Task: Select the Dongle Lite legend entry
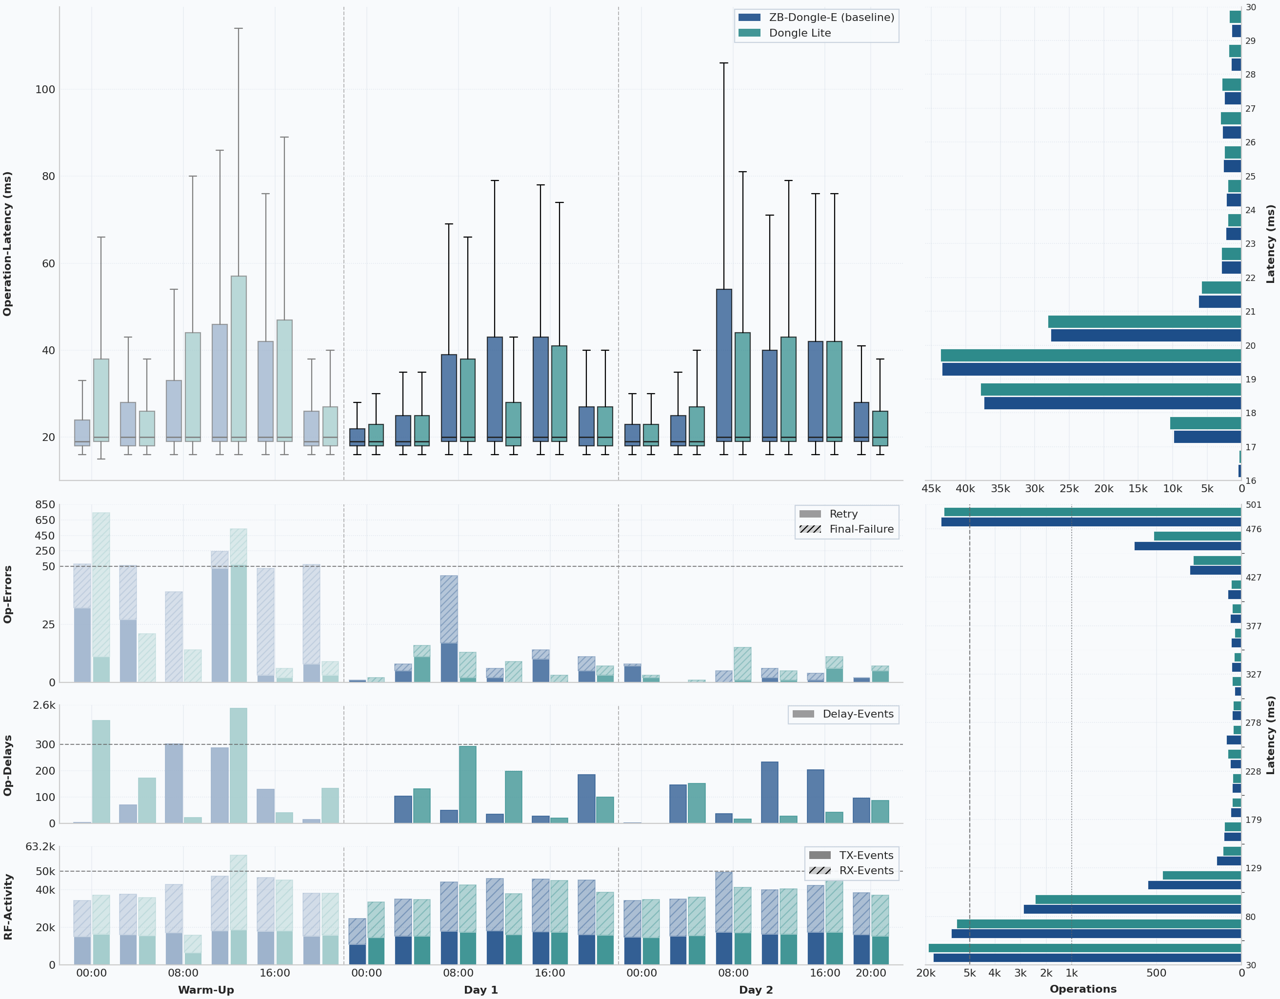(800, 33)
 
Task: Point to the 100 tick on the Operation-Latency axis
(45, 90)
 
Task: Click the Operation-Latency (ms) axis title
(8, 244)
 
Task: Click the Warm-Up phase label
(206, 990)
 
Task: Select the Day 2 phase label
(756, 990)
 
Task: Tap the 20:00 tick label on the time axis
(870, 973)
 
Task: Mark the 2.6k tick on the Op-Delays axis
(44, 705)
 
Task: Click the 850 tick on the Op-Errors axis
(45, 504)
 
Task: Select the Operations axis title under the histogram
(1082, 989)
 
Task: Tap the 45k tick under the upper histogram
(931, 489)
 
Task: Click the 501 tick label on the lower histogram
(1254, 504)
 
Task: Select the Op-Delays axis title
(8, 765)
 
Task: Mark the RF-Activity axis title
(8, 906)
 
